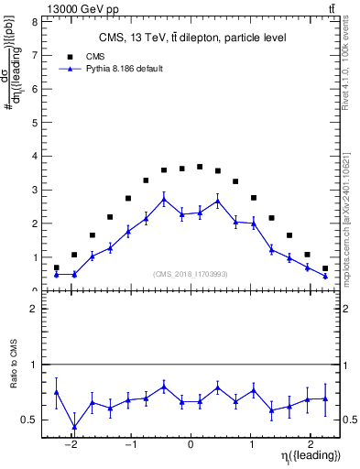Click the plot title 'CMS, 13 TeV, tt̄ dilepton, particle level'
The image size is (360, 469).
click(192, 38)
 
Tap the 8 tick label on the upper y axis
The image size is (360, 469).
click(34, 20)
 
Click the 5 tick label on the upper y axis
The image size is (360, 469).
click(34, 122)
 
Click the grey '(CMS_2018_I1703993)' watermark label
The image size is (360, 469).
click(191, 274)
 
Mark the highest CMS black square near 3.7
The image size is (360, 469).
click(200, 167)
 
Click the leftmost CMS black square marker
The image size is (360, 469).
click(57, 267)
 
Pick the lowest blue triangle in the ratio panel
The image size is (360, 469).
click(74, 427)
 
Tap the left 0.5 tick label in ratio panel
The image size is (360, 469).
click(32, 420)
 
